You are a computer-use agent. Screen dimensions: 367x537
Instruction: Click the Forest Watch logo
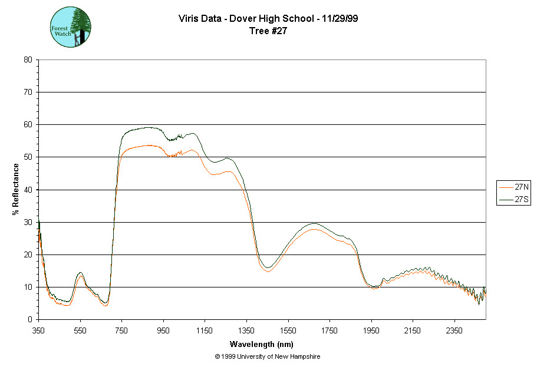(70, 28)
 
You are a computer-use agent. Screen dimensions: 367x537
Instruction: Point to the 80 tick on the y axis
(28, 59)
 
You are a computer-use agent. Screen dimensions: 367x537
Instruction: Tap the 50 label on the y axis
(28, 157)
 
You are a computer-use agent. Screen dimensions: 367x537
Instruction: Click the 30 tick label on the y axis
(28, 222)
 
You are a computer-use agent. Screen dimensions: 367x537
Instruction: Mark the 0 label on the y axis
(29, 320)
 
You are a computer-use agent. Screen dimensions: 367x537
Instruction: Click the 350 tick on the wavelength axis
(38, 331)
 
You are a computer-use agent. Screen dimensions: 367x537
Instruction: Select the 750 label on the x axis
(121, 331)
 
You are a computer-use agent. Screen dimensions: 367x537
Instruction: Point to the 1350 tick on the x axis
(246, 331)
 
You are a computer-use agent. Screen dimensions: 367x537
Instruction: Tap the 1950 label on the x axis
(371, 331)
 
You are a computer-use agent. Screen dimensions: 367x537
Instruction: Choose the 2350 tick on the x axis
(454, 331)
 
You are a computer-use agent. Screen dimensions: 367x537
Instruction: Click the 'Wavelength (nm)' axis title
(261, 344)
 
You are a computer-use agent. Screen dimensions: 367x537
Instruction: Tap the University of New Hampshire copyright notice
(268, 356)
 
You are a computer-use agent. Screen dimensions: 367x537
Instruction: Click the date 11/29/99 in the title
(338, 18)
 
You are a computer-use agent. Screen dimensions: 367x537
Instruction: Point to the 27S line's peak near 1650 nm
(313, 224)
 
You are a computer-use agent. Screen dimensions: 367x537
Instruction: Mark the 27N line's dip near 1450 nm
(267, 272)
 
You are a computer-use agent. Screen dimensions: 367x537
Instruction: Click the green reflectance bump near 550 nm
(80, 273)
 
